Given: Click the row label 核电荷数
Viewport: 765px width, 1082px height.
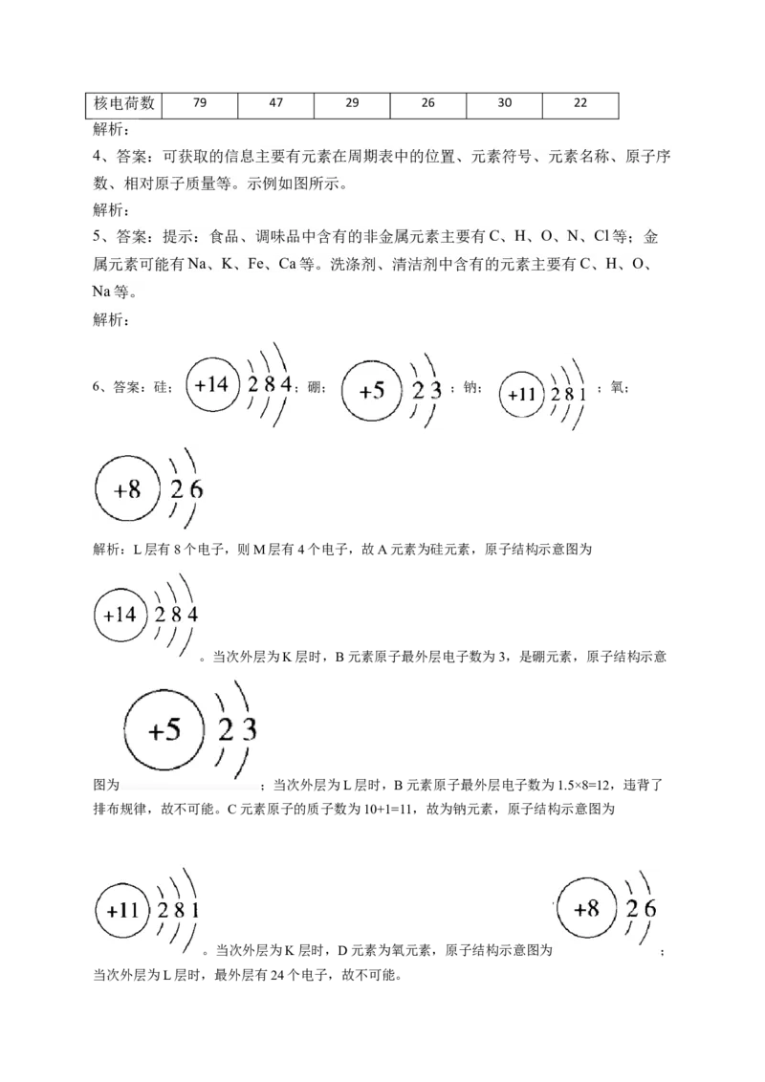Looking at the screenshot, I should point(123,103).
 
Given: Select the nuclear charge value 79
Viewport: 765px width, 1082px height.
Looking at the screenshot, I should point(199,102).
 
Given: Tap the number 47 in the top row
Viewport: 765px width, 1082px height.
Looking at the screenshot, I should point(275,102).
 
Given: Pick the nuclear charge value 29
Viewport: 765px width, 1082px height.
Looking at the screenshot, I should point(352,102).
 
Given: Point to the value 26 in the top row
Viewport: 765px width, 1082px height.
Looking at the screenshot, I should point(427,102).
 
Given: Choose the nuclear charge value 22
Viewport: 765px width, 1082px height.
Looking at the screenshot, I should point(580,103).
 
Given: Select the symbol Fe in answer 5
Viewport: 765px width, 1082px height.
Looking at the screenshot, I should point(256,265).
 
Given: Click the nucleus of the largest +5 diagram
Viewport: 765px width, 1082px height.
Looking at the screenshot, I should point(165,731).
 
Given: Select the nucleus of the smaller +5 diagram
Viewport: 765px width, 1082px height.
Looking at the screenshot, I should point(372,390).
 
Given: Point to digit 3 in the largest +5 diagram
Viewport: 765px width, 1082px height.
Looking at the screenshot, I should point(249,730).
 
